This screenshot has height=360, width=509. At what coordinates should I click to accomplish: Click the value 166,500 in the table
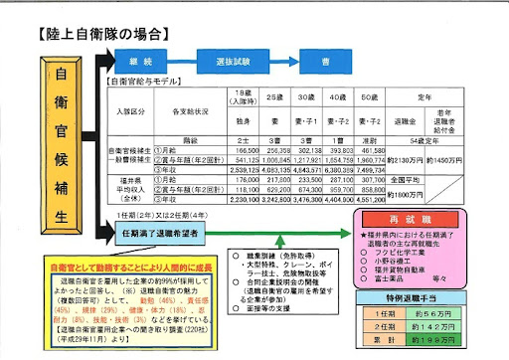click(x=243, y=148)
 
